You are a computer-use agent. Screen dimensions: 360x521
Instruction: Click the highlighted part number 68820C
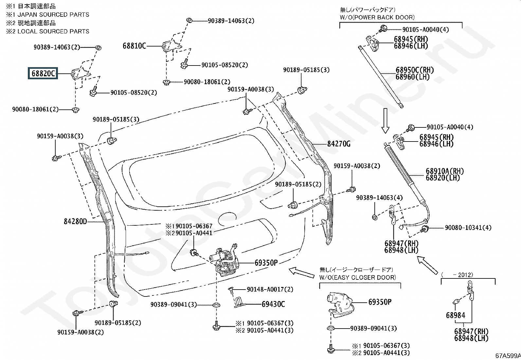(43, 74)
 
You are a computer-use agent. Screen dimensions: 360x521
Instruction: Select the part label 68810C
(134, 46)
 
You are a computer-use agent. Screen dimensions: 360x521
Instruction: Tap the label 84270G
(339, 144)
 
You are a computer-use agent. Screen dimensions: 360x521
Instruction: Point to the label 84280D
(75, 222)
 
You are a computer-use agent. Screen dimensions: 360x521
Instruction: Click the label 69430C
(273, 304)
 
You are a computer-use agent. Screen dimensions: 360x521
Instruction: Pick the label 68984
(456, 315)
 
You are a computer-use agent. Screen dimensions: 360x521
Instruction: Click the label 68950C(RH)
(414, 70)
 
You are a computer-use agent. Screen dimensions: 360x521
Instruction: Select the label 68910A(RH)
(445, 171)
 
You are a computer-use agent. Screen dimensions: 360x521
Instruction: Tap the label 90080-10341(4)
(468, 228)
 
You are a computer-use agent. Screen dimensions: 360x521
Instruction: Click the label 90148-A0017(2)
(270, 290)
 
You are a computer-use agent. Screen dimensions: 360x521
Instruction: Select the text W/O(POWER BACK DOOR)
(377, 17)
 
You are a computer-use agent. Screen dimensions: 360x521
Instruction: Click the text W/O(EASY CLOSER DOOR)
(358, 277)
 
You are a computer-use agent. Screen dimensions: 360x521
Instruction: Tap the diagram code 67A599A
(508, 356)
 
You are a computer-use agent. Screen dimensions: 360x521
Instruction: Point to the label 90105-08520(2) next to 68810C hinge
(225, 65)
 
